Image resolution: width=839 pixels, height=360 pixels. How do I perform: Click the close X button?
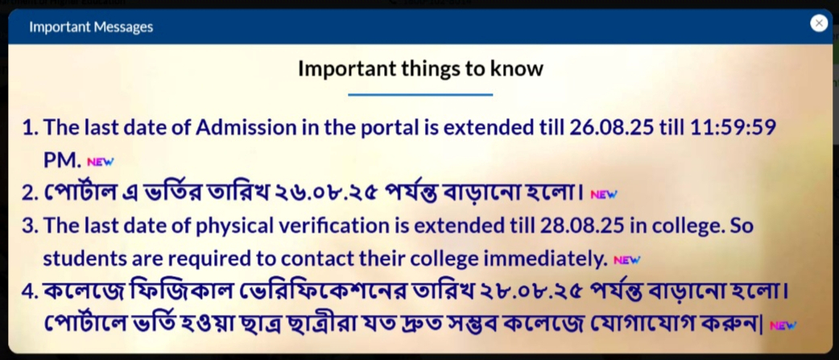click(x=819, y=23)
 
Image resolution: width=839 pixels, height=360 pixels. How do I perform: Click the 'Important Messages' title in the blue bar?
click(x=91, y=27)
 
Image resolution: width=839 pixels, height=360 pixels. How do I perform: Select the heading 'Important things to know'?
click(x=420, y=68)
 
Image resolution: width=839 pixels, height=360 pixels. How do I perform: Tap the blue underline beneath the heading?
click(x=420, y=95)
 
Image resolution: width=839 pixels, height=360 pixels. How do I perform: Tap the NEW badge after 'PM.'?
click(x=101, y=162)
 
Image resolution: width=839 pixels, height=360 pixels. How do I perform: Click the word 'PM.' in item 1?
click(x=62, y=161)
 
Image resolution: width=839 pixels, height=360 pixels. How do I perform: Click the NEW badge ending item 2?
click(x=604, y=195)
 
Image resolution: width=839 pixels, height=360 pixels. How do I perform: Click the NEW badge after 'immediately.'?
click(x=626, y=260)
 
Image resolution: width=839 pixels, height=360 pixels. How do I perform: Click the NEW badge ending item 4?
click(x=783, y=325)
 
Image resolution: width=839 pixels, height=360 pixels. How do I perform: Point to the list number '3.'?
click(x=30, y=227)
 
